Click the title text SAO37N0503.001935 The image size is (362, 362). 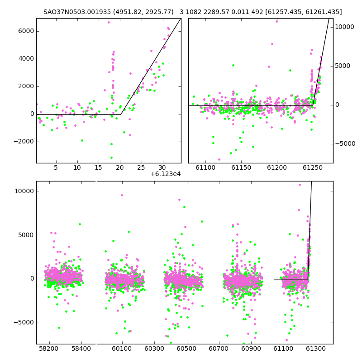pos(77,12)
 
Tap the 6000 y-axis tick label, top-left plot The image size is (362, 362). pos(26,31)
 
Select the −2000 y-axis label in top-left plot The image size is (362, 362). pos(24,142)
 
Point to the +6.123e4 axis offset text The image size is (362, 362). pos(166,174)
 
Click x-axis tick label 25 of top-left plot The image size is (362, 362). pos(141,167)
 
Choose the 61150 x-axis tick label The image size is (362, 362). pos(241,167)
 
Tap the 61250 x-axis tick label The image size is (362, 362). pos(313,167)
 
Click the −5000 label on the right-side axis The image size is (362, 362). pos(345,144)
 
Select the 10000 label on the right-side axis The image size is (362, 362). pos(344,27)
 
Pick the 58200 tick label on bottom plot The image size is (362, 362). pos(49,348)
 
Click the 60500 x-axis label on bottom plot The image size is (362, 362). pos(186,348)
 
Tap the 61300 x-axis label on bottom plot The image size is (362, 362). pos(315,348)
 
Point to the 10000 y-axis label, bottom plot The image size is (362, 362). pos(24,191)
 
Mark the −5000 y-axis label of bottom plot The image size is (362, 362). pos(24,323)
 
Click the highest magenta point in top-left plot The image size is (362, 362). pos(109,22)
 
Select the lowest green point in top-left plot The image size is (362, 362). pos(111,157)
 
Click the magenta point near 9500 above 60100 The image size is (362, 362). pos(122,195)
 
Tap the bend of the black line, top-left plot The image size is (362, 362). pos(120,114)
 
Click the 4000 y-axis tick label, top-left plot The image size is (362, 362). pos(26,59)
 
